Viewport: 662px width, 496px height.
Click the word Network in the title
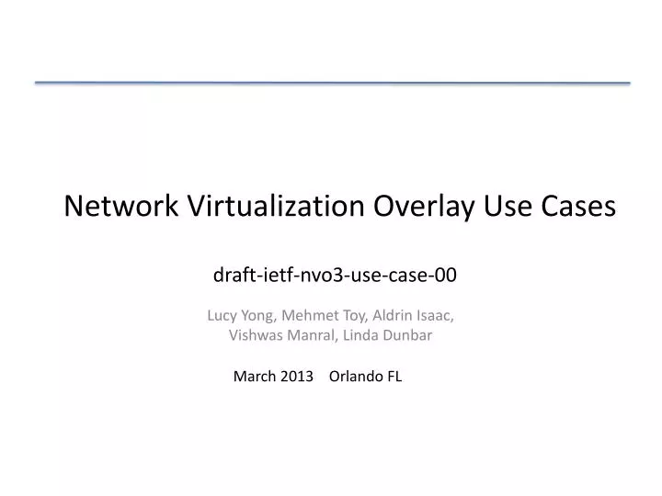pos(122,207)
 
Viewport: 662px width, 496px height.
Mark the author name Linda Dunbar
pos(387,335)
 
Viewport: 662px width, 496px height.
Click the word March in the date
pos(254,376)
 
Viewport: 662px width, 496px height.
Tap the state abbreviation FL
pos(394,376)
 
